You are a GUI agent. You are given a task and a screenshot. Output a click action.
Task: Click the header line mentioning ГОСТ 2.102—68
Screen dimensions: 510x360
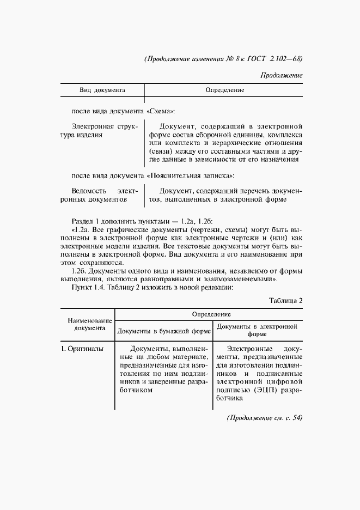click(x=223, y=59)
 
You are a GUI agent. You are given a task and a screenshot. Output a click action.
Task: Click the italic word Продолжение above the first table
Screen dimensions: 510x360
click(x=281, y=75)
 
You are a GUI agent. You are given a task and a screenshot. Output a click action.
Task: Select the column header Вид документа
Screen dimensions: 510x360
click(x=102, y=89)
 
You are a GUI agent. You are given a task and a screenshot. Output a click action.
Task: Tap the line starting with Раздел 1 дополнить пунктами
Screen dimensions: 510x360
click(x=143, y=220)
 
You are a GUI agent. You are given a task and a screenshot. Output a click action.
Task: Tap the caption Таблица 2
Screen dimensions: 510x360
click(x=285, y=301)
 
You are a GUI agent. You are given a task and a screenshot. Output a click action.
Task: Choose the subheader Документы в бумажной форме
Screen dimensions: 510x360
click(x=164, y=331)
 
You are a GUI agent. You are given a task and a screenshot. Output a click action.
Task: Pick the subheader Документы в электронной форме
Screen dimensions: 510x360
click(x=257, y=330)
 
